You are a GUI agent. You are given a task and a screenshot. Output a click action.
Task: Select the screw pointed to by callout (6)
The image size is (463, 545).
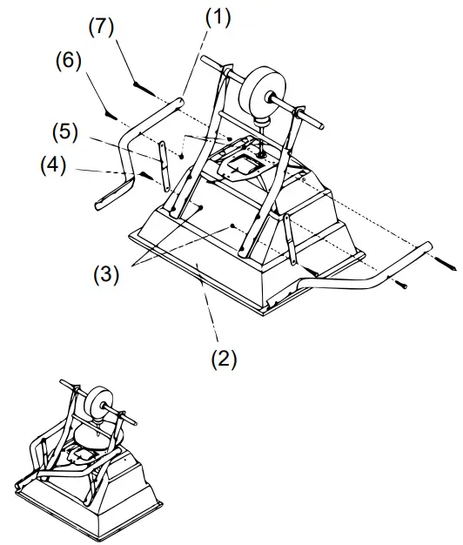coord(110,112)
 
